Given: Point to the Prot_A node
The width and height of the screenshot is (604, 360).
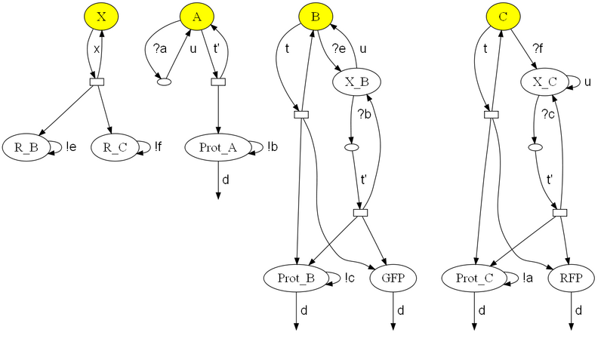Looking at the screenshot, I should pyautogui.click(x=218, y=146).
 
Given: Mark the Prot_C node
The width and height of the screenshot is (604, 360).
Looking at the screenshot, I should pyautogui.click(x=475, y=278).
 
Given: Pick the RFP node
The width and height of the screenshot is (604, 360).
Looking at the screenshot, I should pyautogui.click(x=570, y=278).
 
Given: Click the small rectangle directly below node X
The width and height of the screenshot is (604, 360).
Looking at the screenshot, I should pyautogui.click(x=96, y=81).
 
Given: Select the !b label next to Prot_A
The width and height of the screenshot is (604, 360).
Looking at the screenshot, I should pyautogui.click(x=273, y=146).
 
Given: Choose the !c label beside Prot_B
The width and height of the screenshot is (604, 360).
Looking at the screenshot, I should pyautogui.click(x=350, y=278).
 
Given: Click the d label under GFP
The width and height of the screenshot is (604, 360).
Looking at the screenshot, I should pyautogui.click(x=401, y=310).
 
